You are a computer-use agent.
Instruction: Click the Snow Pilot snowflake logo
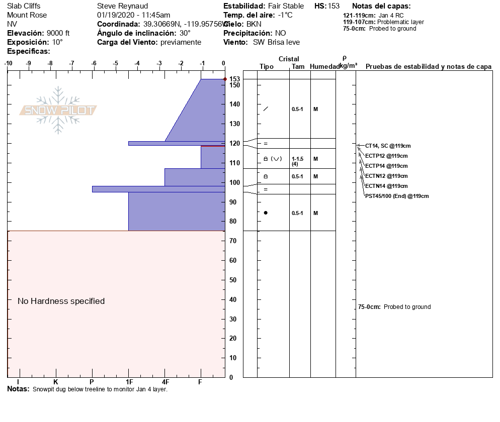58,110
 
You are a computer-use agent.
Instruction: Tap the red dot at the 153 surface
225,79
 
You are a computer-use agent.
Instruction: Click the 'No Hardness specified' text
61,301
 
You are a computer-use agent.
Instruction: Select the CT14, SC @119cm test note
388,146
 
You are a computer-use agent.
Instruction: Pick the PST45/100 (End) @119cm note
397,196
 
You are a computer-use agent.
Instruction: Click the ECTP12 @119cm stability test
386,156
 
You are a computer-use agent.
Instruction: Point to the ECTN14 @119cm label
386,186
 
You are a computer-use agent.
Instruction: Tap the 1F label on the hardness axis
129,382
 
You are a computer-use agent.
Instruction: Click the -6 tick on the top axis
94,63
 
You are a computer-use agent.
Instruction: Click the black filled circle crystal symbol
266,213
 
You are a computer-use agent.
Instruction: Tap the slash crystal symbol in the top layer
266,109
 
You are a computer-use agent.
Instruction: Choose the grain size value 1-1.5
298,159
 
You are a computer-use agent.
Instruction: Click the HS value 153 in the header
334,6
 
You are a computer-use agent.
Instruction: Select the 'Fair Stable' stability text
286,6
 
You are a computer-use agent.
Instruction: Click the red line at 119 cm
212,146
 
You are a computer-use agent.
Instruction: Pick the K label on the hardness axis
56,382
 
